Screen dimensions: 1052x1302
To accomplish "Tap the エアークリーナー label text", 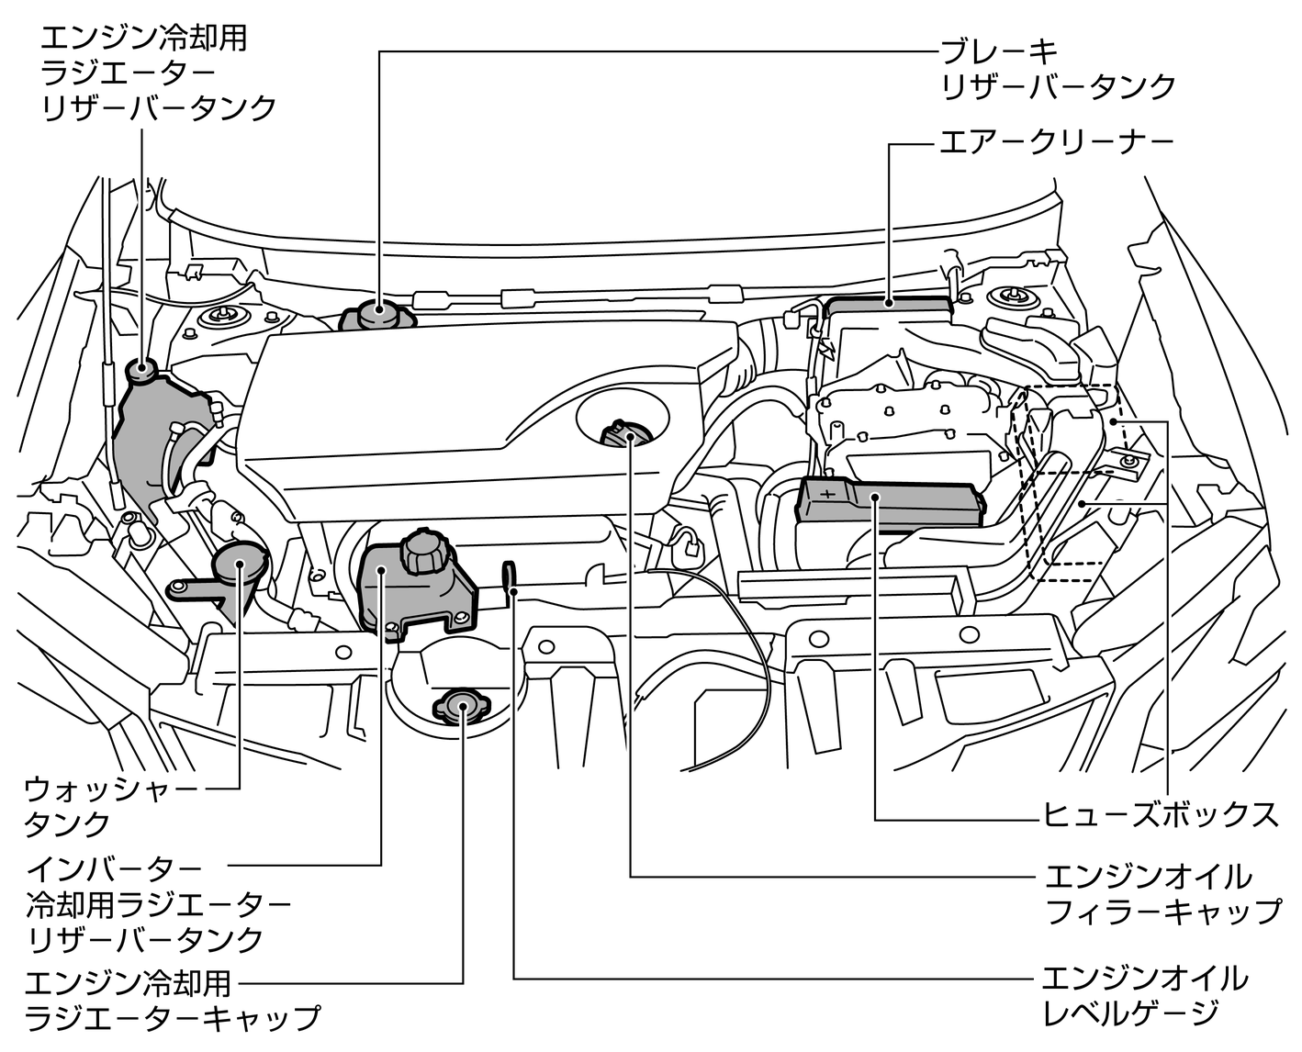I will (x=1056, y=143).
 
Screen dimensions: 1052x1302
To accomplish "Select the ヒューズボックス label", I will (x=1160, y=813).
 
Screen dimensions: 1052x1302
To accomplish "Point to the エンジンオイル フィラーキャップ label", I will (x=1162, y=893).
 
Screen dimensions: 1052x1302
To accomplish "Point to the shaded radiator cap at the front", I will (x=462, y=707).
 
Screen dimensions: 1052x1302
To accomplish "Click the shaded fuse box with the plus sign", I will (x=886, y=502).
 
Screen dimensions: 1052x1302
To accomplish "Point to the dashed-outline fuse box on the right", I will (x=1070, y=477).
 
